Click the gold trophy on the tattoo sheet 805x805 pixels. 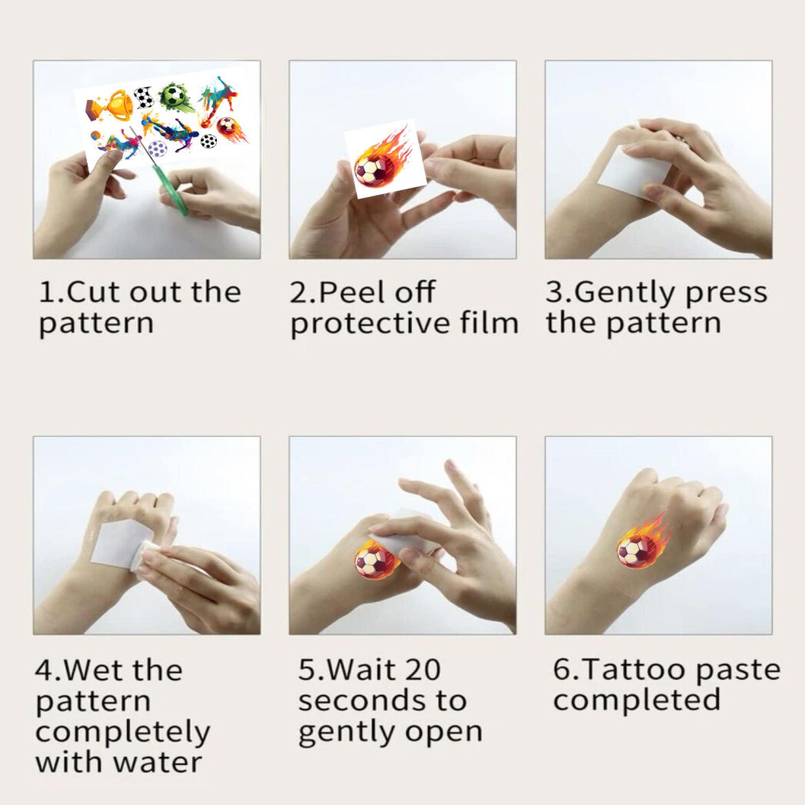110,103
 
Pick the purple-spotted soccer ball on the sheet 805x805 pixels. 159,149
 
